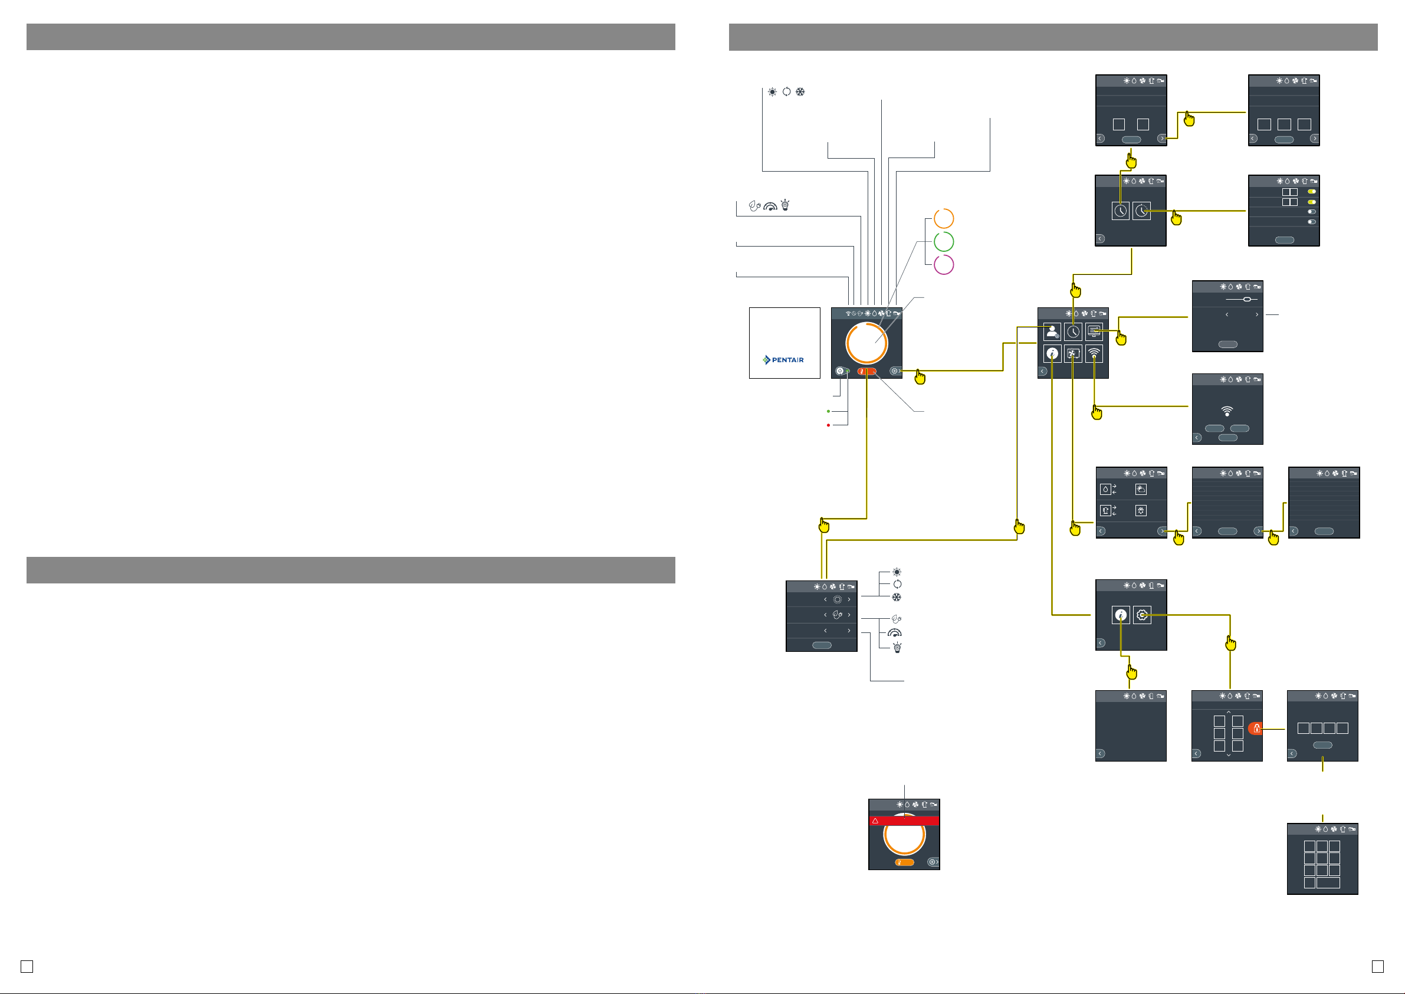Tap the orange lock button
pos(1256,729)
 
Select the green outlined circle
pos(944,241)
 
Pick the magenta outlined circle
pos(944,264)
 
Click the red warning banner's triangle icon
pos(876,821)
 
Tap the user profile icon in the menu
pos(1052,332)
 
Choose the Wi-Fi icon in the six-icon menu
pos(1094,353)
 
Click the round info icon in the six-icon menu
pos(1052,353)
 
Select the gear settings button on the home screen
pos(895,371)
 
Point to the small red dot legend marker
pos(829,425)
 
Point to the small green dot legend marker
pos(829,411)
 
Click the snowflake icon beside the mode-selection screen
pos(897,598)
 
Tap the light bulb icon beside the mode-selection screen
pos(897,648)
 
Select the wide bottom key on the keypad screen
pos(1328,883)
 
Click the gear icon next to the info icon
pos(1142,615)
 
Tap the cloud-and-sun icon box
pos(1141,489)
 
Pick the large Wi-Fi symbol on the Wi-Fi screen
pos(1227,411)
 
